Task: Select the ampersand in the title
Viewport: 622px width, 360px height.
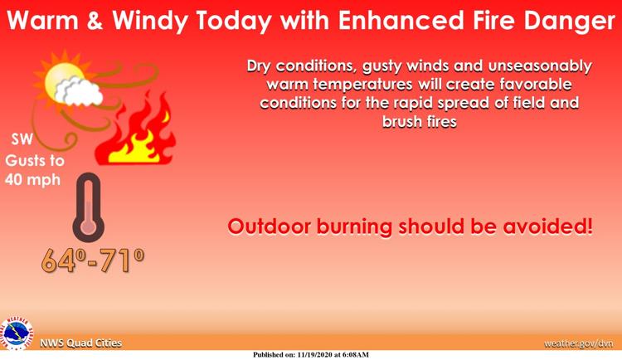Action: (95, 20)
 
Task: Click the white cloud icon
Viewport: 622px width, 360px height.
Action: (79, 92)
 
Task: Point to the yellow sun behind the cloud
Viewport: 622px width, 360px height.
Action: (64, 80)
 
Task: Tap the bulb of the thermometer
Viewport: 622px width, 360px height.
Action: (89, 227)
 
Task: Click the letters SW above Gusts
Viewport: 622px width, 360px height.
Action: (22, 139)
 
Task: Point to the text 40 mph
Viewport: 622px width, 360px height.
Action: (32, 180)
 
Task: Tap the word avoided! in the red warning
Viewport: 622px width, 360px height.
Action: (548, 226)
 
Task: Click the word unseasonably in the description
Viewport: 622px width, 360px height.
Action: (540, 66)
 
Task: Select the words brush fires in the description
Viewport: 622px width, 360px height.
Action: (420, 121)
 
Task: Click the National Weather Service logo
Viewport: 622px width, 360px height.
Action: (17, 334)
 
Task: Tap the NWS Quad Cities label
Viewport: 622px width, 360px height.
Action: (81, 343)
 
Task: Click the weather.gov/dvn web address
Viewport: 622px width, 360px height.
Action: (578, 343)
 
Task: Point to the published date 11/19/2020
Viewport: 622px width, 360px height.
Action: (314, 354)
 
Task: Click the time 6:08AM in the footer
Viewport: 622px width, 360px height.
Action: (355, 354)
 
